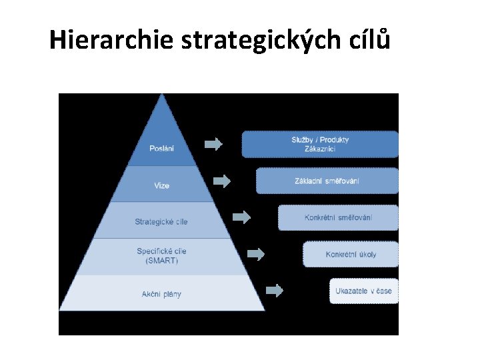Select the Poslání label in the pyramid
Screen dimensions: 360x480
coord(161,149)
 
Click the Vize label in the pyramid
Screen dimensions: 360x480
coord(161,185)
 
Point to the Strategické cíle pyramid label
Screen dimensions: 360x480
coord(161,221)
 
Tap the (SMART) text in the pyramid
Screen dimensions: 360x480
coord(161,261)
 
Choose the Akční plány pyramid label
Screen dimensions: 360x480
coord(161,294)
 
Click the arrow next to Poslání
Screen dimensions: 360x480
coord(213,144)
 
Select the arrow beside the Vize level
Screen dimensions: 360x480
coord(222,181)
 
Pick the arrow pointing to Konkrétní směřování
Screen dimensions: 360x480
coord(241,217)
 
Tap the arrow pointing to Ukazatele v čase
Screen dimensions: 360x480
coord(274,290)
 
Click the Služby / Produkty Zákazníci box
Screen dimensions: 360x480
coord(320,144)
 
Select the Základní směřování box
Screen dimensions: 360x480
coord(327,181)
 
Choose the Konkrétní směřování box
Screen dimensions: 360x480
coord(338,217)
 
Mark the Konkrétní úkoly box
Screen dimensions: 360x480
coord(351,254)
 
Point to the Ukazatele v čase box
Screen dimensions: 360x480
coord(363,291)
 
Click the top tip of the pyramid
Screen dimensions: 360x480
coord(161,95)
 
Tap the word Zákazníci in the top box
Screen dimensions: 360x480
coord(320,149)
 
